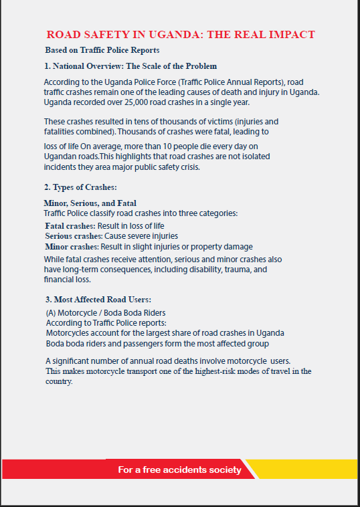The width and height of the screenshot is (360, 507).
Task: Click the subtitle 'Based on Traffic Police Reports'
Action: (102, 50)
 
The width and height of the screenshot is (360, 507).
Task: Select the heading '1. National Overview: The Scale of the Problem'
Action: (130, 66)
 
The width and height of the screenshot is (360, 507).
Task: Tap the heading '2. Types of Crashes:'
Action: (80, 187)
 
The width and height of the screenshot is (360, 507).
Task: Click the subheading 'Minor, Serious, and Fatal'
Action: (90, 203)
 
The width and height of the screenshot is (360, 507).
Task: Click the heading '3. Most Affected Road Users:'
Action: (97, 299)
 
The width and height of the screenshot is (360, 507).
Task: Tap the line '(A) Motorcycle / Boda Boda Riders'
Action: (105, 312)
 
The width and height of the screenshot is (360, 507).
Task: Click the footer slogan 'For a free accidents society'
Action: (179, 470)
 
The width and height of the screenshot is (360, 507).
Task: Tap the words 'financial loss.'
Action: (68, 280)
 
